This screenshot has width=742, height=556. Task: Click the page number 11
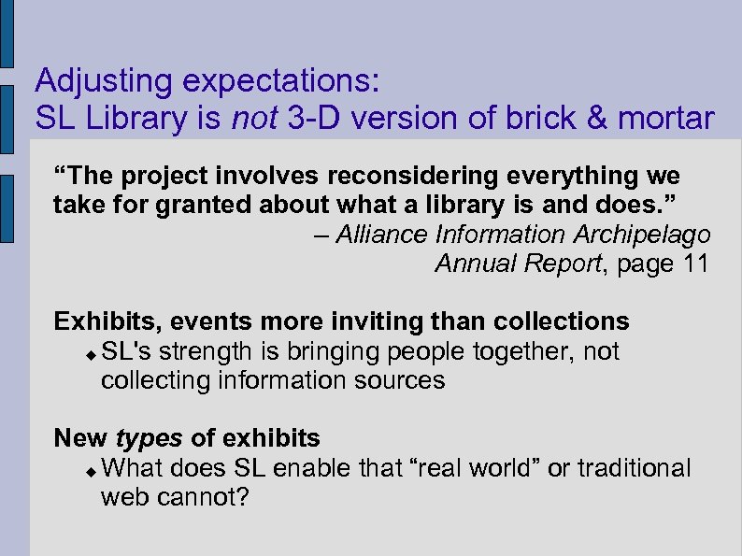[x=696, y=264]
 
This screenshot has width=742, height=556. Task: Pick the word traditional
[x=635, y=467]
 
